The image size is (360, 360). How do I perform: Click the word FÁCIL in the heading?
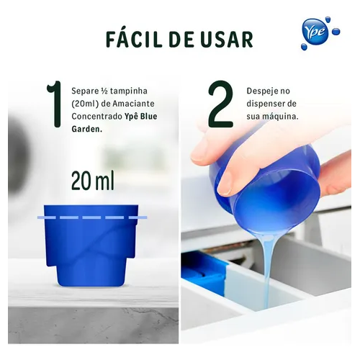tap(134, 39)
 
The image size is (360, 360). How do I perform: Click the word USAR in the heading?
tap(227, 40)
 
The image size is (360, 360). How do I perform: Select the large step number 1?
tap(55, 104)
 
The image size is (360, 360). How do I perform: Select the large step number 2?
tap(220, 104)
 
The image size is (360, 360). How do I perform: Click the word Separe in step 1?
tap(82, 91)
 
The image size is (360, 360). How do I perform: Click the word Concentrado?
tap(97, 117)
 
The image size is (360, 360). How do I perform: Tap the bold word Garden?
tap(87, 129)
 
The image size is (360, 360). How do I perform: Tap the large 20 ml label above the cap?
tap(93, 181)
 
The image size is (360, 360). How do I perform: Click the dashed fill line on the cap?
tap(92, 217)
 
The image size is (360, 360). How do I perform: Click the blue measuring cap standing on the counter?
tap(91, 246)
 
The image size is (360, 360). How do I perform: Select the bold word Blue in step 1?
tap(148, 117)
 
